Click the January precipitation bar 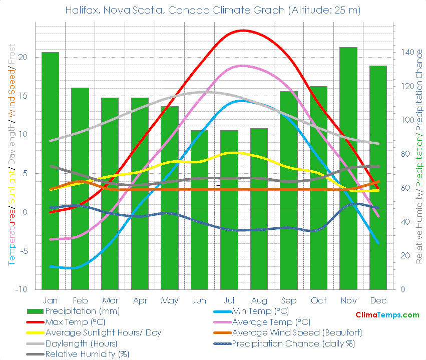click(50, 170)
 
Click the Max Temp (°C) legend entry click(75, 322)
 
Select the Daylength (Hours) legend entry click(81, 343)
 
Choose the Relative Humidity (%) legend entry click(87, 354)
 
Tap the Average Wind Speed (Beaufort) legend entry click(297, 332)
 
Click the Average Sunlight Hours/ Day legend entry click(103, 332)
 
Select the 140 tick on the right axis click(406, 52)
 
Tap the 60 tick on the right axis click(404, 188)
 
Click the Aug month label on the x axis click(259, 300)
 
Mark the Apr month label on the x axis click(140, 300)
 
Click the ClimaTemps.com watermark click(387, 315)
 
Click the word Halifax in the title click(82, 10)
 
